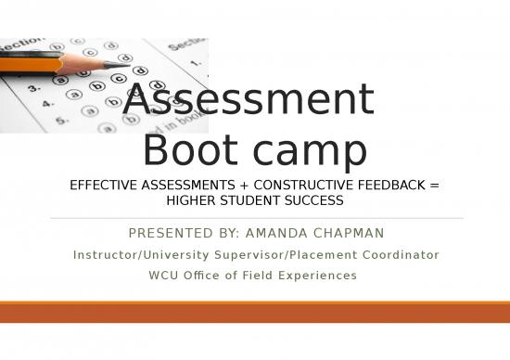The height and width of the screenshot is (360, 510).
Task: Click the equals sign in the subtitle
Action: click(x=435, y=186)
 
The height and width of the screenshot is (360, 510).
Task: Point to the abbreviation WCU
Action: click(x=162, y=275)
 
